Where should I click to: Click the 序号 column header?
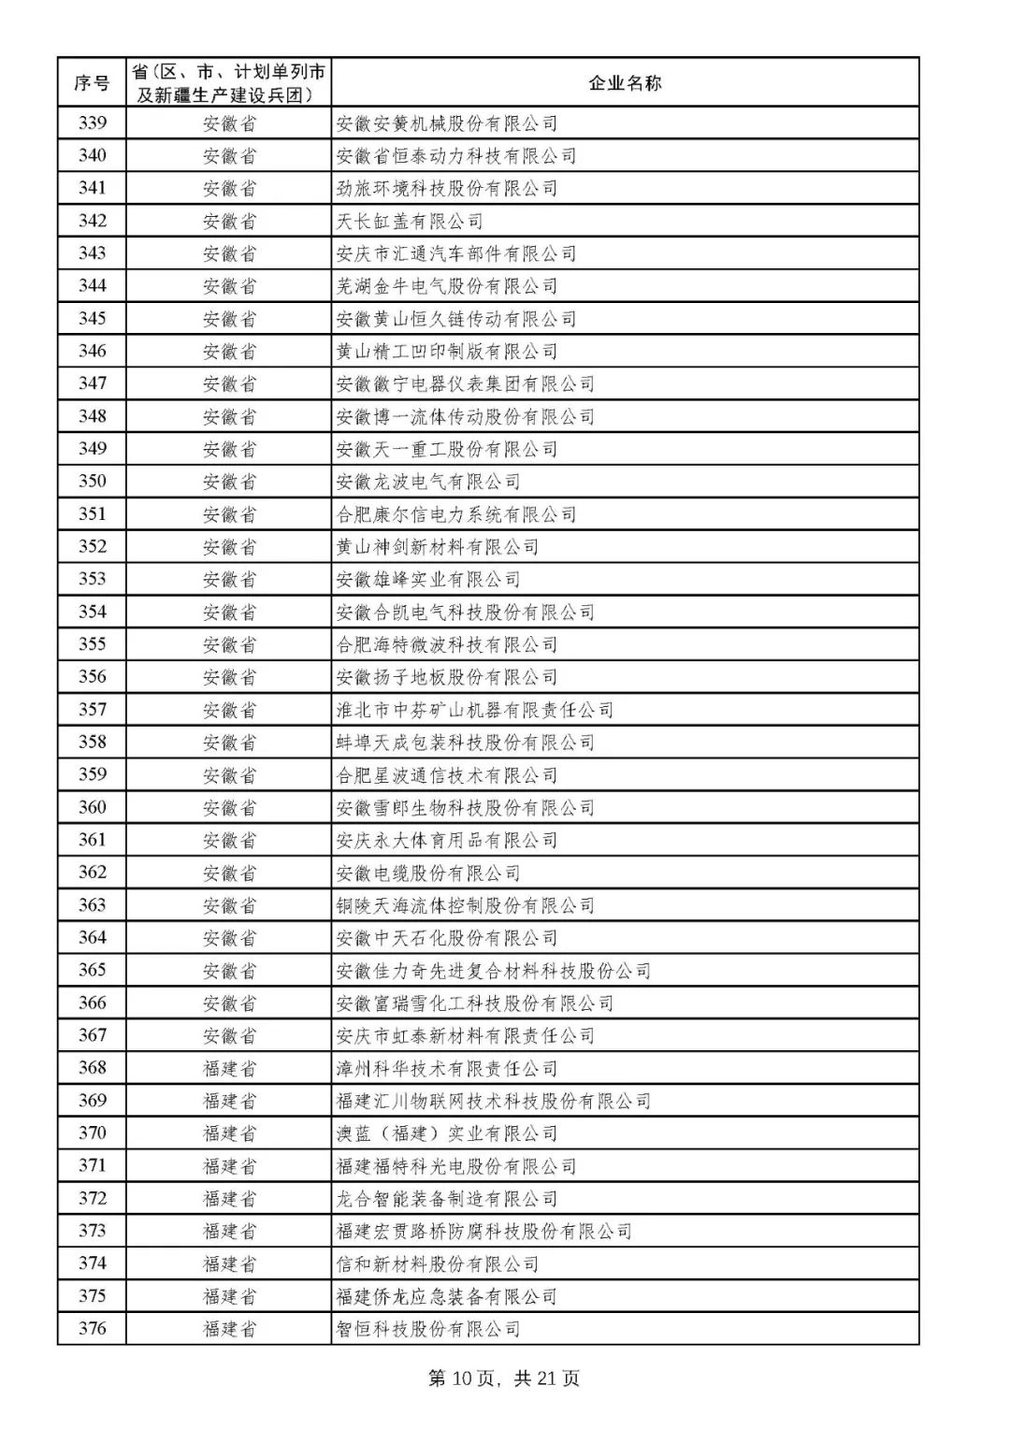pos(92,83)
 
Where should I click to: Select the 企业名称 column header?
pos(625,83)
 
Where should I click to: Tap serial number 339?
pos(92,123)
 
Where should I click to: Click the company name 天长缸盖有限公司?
pos(410,221)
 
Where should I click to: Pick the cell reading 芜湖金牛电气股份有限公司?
pos(447,286)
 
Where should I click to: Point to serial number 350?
pos(92,481)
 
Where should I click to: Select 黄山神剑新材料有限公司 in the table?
pos(438,546)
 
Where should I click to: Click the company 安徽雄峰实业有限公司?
pos(428,579)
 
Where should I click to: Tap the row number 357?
pos(92,709)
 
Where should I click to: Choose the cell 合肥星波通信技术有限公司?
pos(447,774)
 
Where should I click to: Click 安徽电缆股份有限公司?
pos(428,873)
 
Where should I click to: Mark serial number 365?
pos(92,970)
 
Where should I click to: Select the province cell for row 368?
pos(229,1068)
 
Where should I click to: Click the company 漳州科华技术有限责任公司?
pos(447,1068)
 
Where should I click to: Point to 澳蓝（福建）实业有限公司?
pos(447,1133)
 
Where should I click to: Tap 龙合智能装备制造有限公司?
pos(447,1198)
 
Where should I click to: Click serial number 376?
pos(92,1328)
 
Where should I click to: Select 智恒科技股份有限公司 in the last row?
pos(428,1328)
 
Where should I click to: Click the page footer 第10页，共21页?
pos(504,1378)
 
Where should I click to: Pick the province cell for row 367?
pos(229,1035)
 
